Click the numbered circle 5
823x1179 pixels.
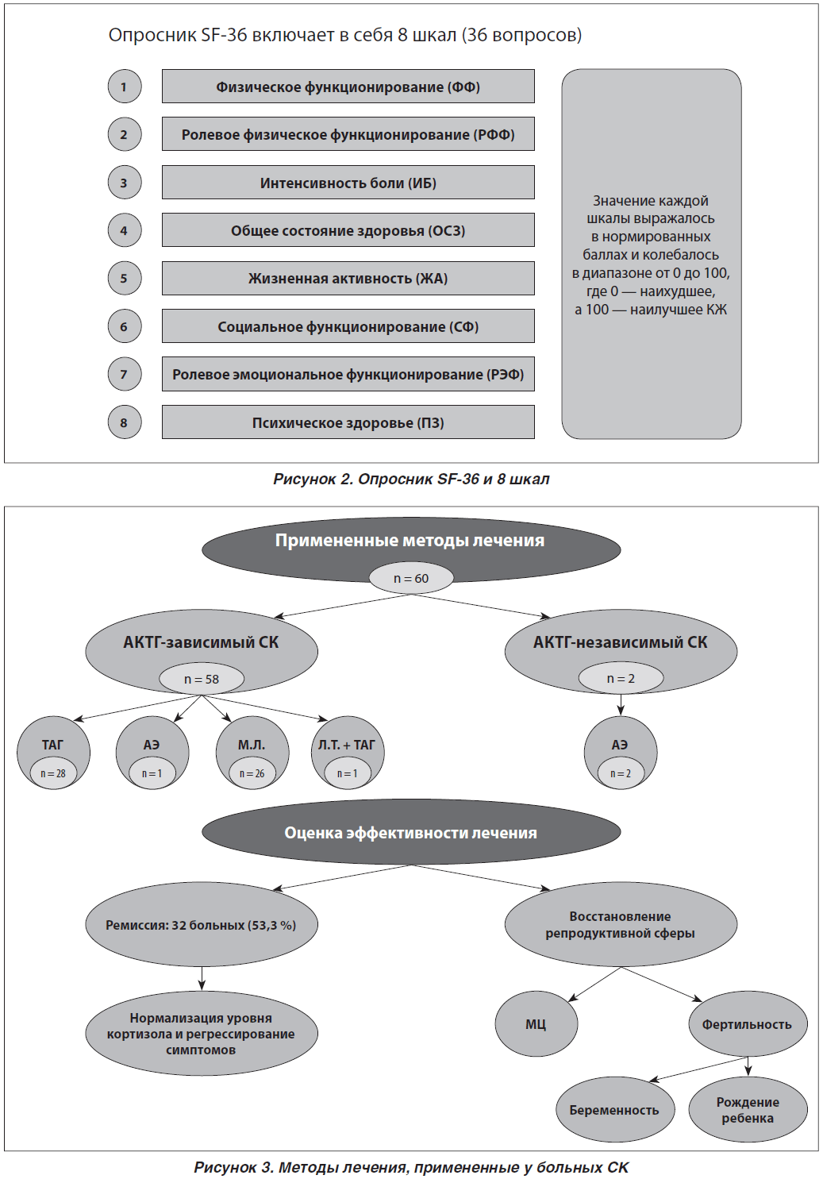click(125, 278)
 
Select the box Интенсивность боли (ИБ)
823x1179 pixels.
click(348, 183)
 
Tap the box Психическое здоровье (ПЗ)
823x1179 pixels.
click(348, 422)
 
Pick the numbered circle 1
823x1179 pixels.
click(125, 87)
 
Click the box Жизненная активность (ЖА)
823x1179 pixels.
click(348, 279)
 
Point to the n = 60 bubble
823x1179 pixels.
click(411, 579)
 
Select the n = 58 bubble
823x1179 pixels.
click(202, 679)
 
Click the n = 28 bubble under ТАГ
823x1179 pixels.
click(53, 773)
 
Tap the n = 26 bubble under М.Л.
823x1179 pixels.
click(252, 773)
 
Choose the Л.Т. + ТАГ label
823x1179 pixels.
click(347, 745)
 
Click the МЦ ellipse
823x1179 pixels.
click(536, 1023)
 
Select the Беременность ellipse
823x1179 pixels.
click(614, 1110)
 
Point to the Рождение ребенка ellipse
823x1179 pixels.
click(748, 1110)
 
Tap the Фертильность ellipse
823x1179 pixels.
click(748, 1023)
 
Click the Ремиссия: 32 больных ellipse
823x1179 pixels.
click(202, 925)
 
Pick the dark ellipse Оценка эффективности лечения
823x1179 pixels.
click(411, 833)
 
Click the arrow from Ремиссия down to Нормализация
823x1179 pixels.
click(202, 977)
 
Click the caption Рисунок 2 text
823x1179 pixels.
click(411, 479)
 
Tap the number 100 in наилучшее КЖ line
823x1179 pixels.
click(597, 310)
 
